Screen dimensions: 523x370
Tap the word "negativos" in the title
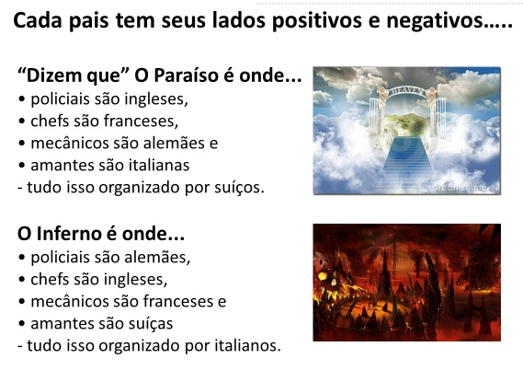434,20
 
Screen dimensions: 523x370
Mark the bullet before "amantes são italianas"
22,166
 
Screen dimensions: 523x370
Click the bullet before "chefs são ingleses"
22,280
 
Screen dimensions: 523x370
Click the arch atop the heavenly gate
407,91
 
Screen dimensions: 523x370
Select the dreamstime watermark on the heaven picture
465,188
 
